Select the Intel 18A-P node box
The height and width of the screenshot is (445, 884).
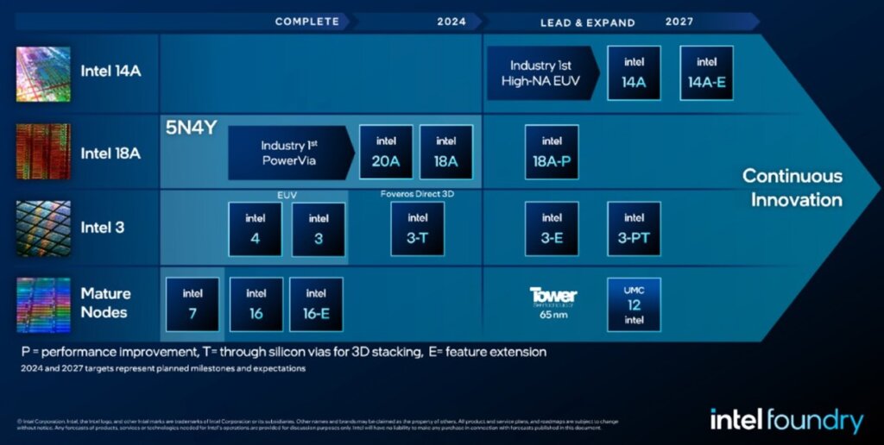pos(552,152)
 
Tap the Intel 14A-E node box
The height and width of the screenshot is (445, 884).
pos(706,72)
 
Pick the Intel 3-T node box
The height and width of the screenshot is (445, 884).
pos(417,229)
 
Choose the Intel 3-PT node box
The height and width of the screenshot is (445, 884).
pos(634,229)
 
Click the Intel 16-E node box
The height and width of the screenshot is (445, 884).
pos(316,304)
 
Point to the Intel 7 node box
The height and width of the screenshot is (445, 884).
pos(193,304)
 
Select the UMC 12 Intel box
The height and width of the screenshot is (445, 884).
pos(634,304)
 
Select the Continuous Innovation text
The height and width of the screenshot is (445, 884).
pos(792,188)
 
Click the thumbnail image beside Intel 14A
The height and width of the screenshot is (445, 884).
pos(43,73)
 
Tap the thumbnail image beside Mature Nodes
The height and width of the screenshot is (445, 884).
pos(43,304)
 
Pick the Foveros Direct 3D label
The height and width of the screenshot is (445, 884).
pos(417,194)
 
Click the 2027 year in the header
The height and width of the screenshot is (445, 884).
pos(679,22)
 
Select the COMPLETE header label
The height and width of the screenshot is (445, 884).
pos(306,22)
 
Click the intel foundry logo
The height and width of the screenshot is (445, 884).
pos(786,420)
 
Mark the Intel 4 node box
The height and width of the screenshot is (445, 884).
pos(255,229)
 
